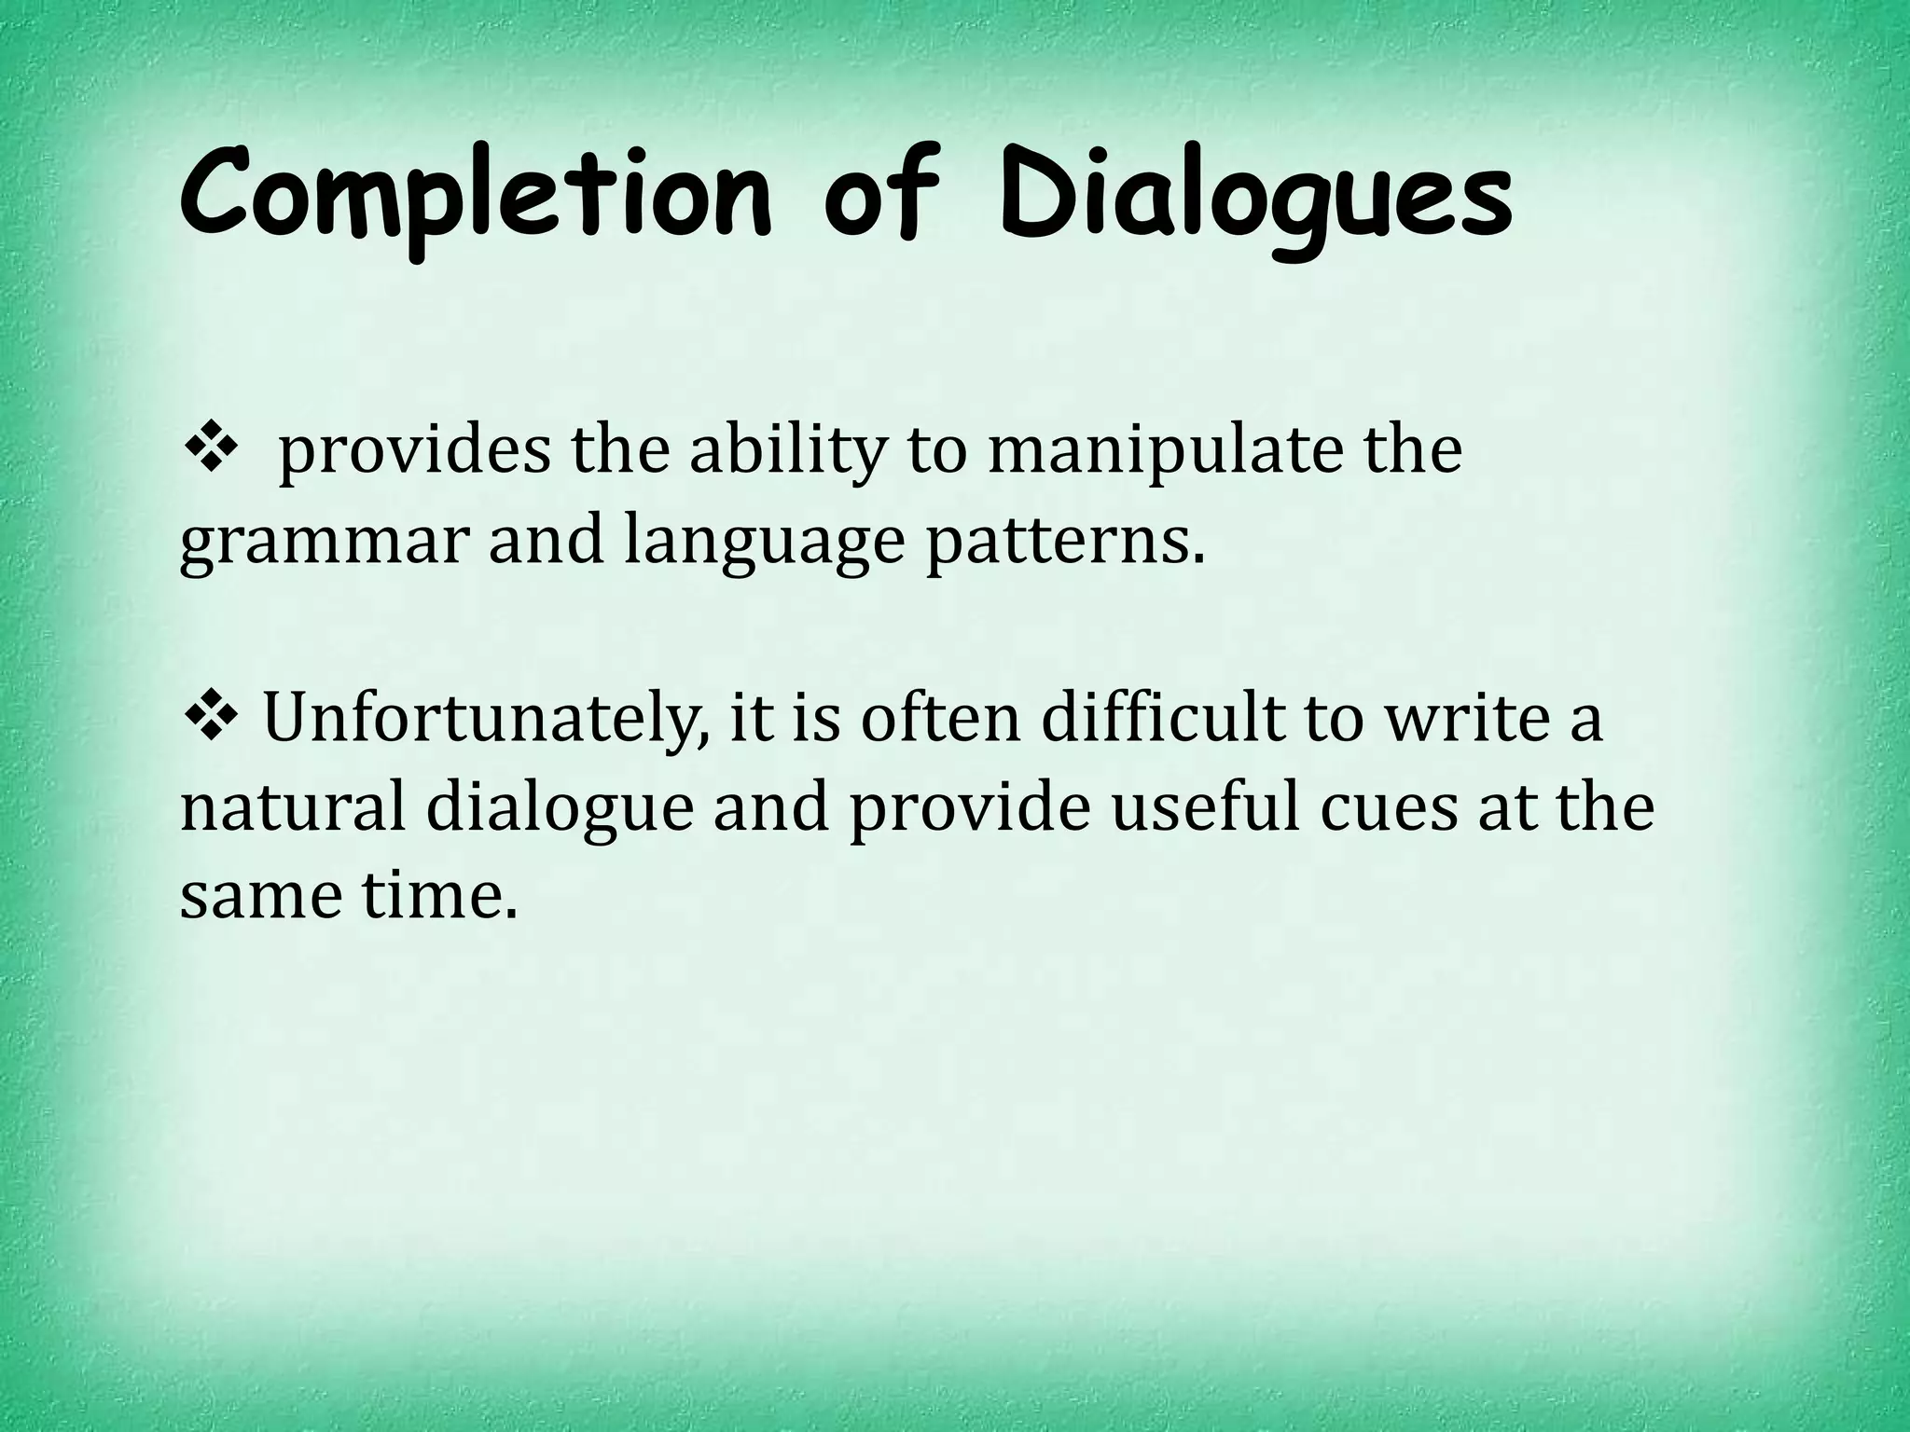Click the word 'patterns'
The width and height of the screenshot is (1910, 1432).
click(x=1063, y=541)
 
